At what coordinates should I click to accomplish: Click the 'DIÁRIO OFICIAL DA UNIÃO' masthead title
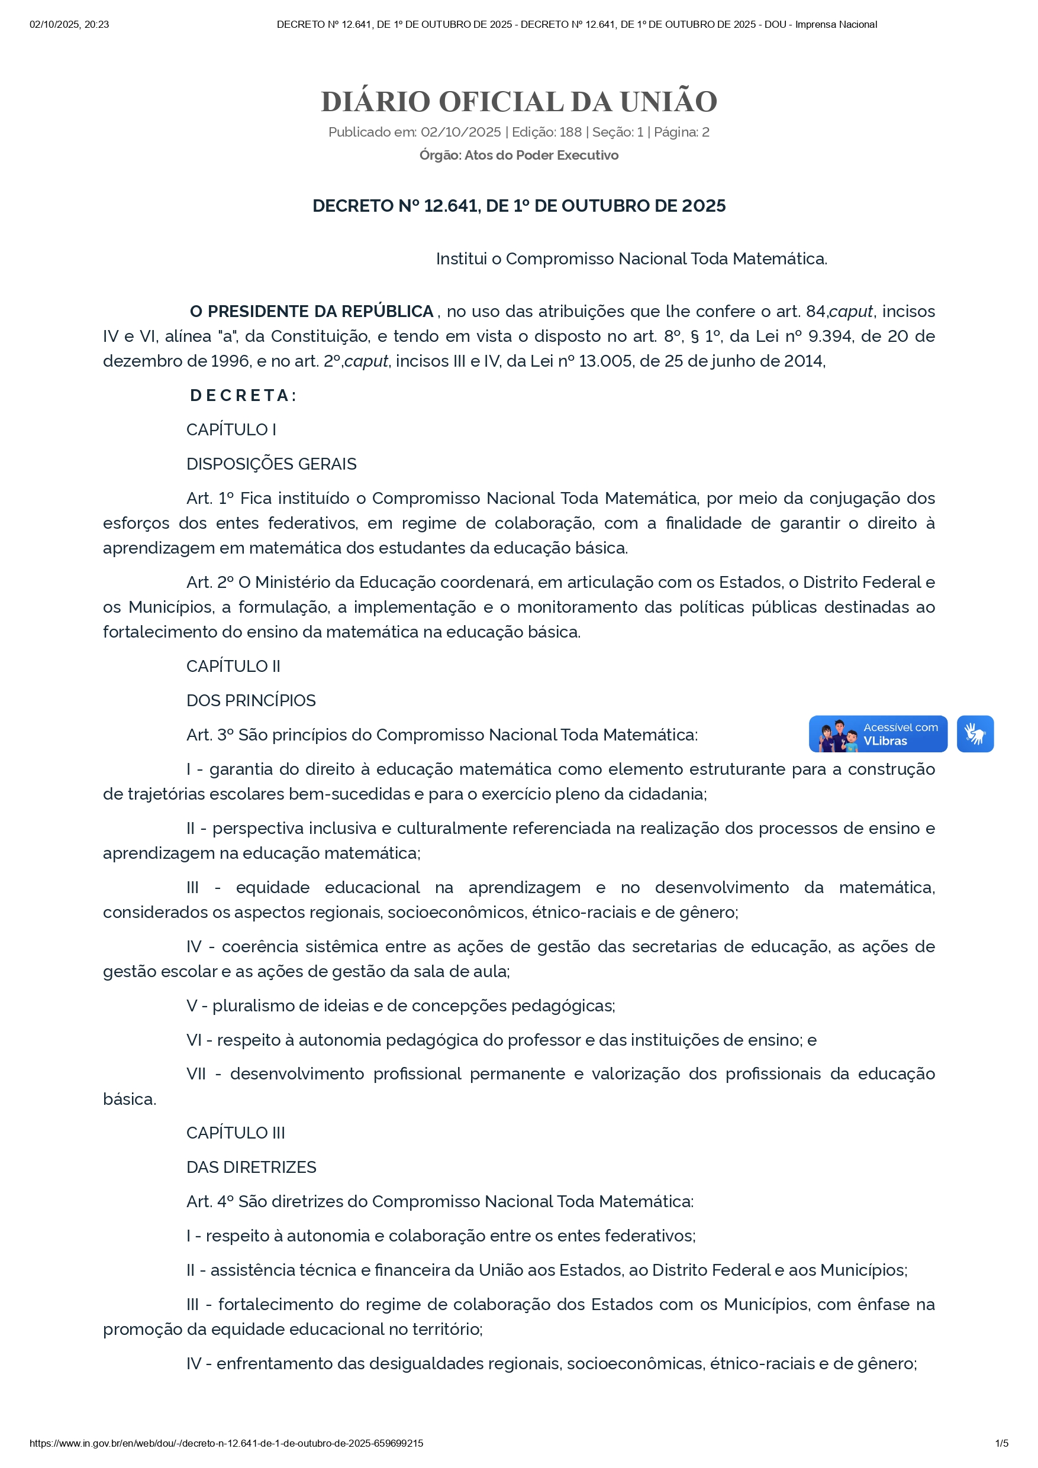518,102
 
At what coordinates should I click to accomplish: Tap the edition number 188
570,132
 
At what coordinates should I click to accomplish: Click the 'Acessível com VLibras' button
878,734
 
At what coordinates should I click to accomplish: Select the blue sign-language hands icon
975,734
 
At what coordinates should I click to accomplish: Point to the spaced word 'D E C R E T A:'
243,396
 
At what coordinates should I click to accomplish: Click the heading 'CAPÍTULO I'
231,429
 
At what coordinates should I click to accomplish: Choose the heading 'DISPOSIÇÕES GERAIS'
271,464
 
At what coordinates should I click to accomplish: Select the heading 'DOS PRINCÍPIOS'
251,701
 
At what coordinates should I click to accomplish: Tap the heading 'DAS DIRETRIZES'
252,1168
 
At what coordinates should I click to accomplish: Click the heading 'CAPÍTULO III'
236,1133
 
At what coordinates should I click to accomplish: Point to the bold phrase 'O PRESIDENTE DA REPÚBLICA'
311,311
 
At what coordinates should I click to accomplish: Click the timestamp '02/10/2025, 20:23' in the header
69,24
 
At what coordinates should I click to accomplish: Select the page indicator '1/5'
1001,1443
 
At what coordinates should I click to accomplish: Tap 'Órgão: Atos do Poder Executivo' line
518,156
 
